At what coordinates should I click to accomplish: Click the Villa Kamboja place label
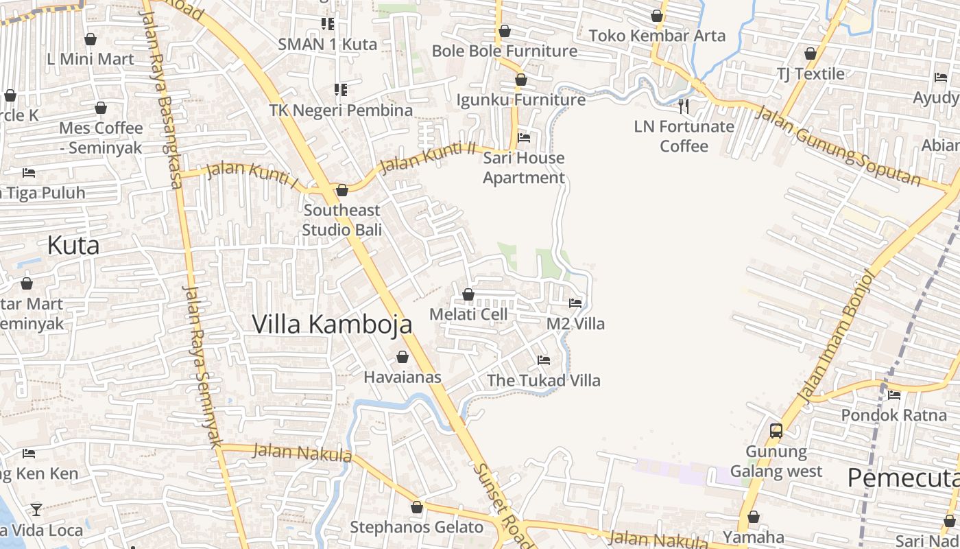click(332, 324)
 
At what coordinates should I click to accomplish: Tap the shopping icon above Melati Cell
click(468, 294)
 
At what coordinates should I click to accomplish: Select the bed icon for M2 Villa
click(575, 303)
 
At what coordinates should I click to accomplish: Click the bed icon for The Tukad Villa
click(544, 360)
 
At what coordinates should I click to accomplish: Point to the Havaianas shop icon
click(403, 357)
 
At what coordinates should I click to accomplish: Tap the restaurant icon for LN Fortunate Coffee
click(683, 106)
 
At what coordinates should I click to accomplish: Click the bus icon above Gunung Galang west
click(776, 431)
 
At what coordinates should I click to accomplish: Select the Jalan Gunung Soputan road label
click(838, 145)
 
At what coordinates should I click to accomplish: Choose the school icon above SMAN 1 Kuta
click(328, 24)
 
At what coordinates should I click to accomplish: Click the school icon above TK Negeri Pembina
click(340, 90)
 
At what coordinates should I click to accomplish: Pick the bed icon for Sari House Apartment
click(524, 138)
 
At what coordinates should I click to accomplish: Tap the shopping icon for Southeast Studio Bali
click(341, 190)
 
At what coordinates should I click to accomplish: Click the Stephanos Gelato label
click(417, 527)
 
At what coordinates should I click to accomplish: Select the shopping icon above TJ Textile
click(811, 54)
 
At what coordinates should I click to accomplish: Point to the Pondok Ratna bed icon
click(894, 395)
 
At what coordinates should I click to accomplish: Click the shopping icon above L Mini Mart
click(90, 39)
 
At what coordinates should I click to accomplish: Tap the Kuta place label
click(73, 245)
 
